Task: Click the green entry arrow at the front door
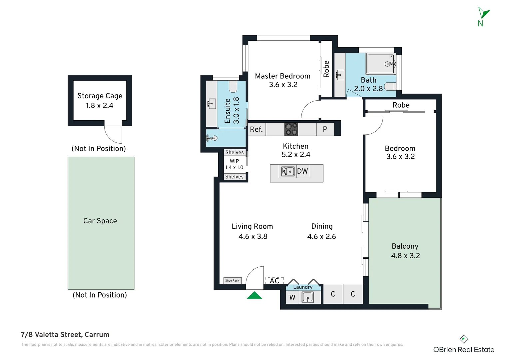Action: click(254, 295)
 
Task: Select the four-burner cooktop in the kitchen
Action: click(291, 129)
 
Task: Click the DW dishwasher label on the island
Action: click(302, 171)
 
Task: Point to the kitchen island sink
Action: click(288, 171)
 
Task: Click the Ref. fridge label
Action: click(256, 129)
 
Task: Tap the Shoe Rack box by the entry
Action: click(232, 281)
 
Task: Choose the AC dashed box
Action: click(274, 281)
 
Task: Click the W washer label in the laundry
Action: click(292, 297)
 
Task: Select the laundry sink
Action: click(308, 297)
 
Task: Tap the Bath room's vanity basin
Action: click(340, 75)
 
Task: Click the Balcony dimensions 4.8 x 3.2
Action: click(405, 256)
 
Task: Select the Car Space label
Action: click(100, 221)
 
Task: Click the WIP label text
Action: click(234, 161)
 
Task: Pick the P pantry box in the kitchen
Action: click(325, 129)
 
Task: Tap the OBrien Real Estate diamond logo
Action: click(464, 339)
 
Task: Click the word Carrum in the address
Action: click(97, 335)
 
